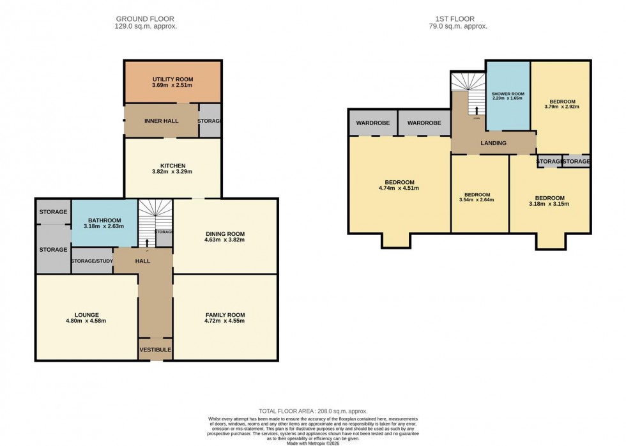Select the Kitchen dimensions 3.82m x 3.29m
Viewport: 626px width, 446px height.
coord(172,172)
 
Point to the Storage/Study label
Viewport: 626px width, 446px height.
coord(92,261)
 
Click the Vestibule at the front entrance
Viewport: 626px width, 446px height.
coord(155,350)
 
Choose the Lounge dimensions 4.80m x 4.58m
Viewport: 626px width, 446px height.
coord(86,321)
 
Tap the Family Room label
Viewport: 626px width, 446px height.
coord(225,315)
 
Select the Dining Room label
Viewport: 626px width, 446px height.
coord(225,233)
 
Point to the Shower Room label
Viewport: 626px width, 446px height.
coord(508,94)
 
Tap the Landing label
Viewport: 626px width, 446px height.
coord(493,143)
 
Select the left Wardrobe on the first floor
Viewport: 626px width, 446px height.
coord(372,123)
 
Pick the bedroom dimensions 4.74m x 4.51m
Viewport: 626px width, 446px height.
coord(399,188)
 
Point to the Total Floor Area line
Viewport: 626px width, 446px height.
coord(312,411)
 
